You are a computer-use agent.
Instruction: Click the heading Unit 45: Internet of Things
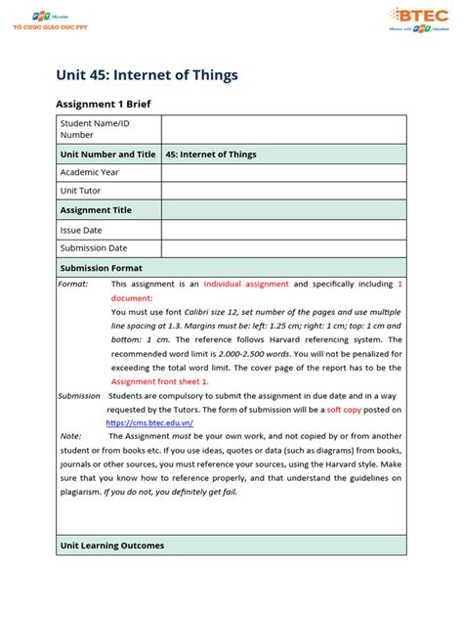pyautogui.click(x=146, y=74)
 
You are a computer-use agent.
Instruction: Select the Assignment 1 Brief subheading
pyautogui.click(x=105, y=104)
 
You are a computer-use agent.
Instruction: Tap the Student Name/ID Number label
pyautogui.click(x=94, y=129)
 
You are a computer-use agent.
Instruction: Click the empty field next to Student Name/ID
pyautogui.click(x=283, y=129)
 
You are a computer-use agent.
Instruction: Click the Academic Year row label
pyautogui.click(x=89, y=173)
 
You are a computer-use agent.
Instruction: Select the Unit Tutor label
pyautogui.click(x=81, y=192)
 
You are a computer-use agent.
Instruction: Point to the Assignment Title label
pyautogui.click(x=96, y=210)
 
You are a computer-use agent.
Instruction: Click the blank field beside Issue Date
pyautogui.click(x=283, y=230)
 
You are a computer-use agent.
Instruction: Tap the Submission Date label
pyautogui.click(x=94, y=248)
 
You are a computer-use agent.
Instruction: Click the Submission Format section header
pyautogui.click(x=101, y=267)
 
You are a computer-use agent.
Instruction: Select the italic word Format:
pyautogui.click(x=73, y=285)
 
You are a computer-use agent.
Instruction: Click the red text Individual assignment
pyautogui.click(x=246, y=285)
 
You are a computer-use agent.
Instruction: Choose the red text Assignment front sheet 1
pyautogui.click(x=159, y=381)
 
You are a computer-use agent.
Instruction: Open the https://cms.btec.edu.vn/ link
pyautogui.click(x=149, y=422)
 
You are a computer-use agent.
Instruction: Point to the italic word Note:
pyautogui.click(x=70, y=436)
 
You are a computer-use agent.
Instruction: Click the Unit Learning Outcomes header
pyautogui.click(x=112, y=545)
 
